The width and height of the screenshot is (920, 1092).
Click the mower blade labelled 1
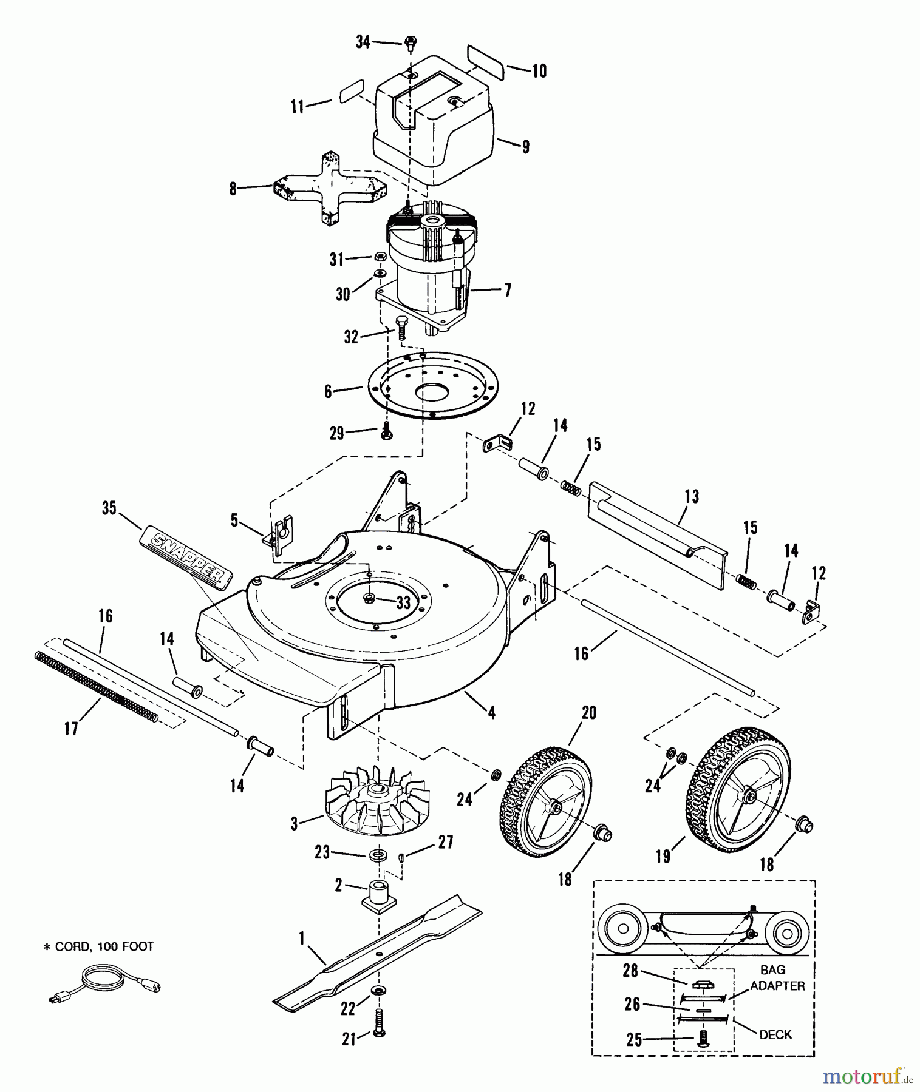[x=377, y=953]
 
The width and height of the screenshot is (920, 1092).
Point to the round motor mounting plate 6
[x=432, y=385]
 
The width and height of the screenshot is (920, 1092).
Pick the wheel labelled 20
[x=546, y=800]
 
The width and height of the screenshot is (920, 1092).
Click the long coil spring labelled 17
[x=97, y=687]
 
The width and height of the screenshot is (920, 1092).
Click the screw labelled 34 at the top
[x=411, y=42]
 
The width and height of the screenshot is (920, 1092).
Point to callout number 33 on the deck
[x=403, y=602]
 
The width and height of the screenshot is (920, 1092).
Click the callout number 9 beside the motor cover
[x=525, y=146]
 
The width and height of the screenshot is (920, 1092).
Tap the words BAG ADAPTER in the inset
[x=777, y=978]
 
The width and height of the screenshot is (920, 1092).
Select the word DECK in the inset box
[x=775, y=1034]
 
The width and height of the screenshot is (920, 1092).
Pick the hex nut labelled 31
[x=378, y=257]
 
